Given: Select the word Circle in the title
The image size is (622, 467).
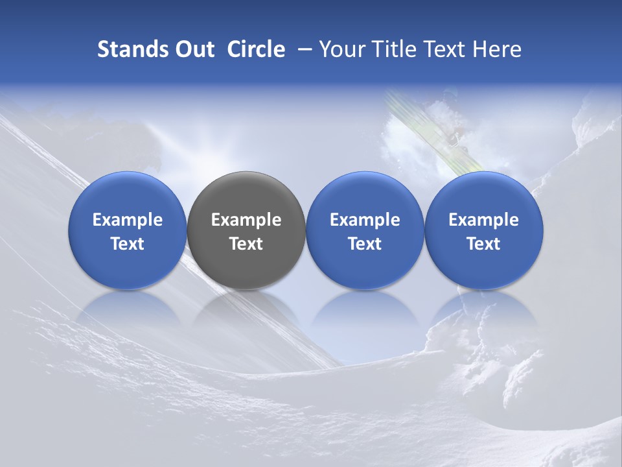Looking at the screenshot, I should click(256, 49).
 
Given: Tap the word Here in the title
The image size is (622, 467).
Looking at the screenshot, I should click(497, 49).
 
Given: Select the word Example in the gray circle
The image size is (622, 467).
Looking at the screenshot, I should click(246, 220).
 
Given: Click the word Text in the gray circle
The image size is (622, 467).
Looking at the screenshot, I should click(246, 244).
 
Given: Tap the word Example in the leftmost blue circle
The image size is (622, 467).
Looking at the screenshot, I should click(128, 220).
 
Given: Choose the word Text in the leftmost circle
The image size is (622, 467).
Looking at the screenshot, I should click(128, 244).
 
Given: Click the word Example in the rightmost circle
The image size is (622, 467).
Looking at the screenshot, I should click(483, 220).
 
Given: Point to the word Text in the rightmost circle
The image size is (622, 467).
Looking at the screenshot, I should click(483, 244).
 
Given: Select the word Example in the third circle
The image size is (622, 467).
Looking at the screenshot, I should click(365, 220).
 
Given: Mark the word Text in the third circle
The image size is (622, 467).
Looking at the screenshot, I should click(365, 244).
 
